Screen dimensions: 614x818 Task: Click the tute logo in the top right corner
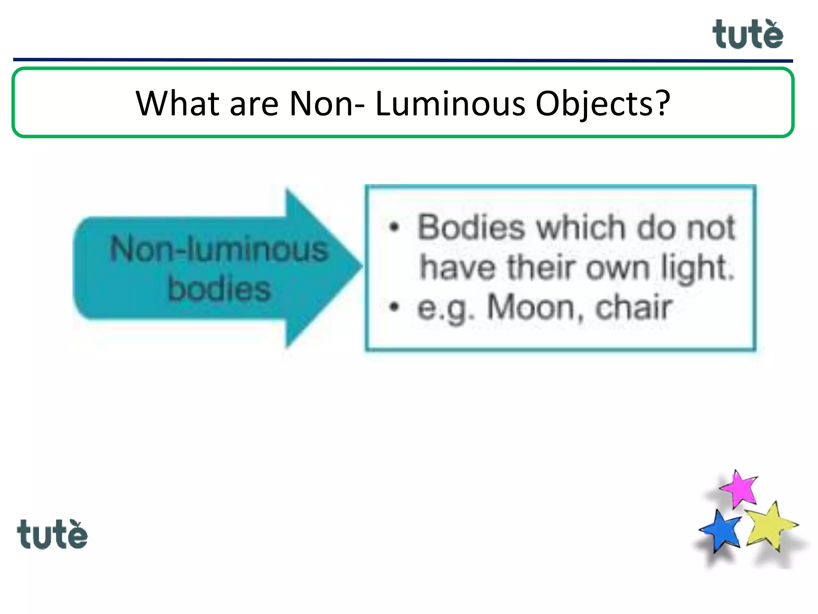point(747,35)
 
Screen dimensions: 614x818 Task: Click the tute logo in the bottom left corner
point(52,534)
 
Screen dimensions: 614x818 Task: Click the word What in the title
point(177,104)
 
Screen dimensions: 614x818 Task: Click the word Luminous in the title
point(450,104)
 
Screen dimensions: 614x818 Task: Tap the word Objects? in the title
point(602,104)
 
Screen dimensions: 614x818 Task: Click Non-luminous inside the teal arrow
point(219,249)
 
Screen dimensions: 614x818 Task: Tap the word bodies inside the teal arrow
point(219,289)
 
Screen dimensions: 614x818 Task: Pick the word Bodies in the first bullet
point(471,227)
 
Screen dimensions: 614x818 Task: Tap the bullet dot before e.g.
point(394,307)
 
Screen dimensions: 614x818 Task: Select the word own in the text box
point(617,268)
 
